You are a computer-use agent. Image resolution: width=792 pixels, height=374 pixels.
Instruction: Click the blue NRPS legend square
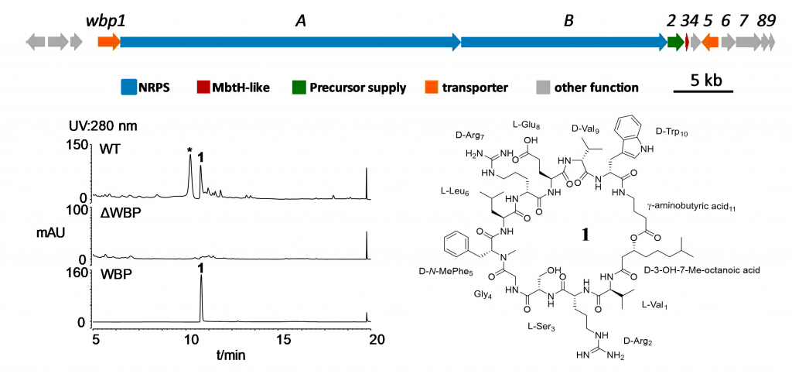[128, 87]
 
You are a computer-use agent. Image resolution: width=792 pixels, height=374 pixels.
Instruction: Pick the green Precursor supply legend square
[300, 87]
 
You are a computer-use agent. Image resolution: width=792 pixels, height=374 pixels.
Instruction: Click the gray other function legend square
[542, 87]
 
